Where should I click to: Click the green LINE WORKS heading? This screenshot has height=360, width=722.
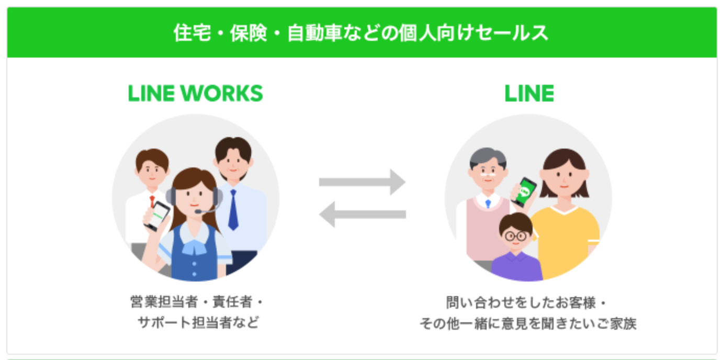tap(195, 94)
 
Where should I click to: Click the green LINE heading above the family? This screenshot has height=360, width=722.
tap(529, 94)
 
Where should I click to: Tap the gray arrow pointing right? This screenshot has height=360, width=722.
tap(363, 182)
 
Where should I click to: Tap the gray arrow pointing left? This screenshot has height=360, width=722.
tap(363, 215)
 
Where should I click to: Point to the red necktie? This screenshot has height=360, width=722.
tap(152, 202)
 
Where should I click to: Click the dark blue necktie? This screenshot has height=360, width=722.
tap(233, 209)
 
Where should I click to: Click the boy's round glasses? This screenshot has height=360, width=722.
tap(515, 236)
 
